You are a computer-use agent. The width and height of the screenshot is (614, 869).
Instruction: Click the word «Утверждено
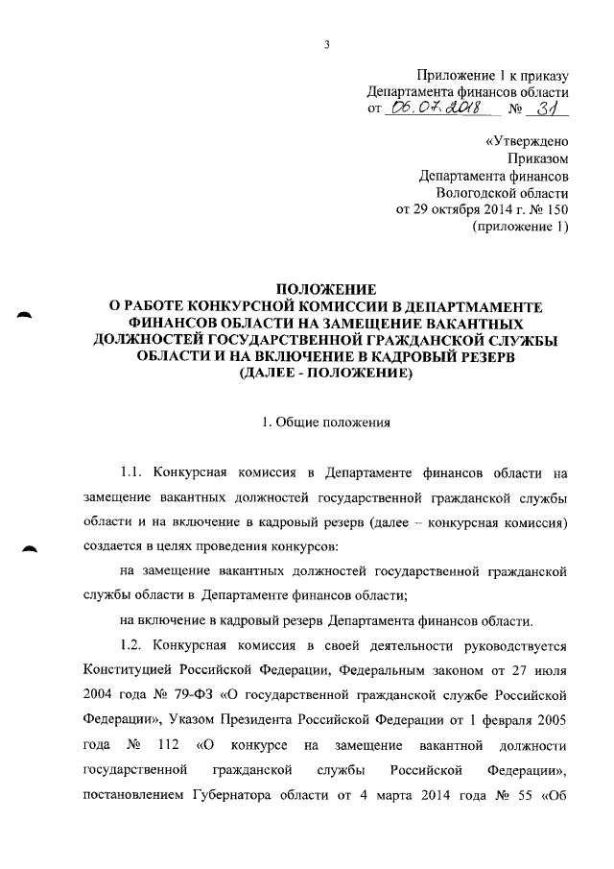tap(527, 141)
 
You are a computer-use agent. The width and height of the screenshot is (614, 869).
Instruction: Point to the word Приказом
tap(538, 158)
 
